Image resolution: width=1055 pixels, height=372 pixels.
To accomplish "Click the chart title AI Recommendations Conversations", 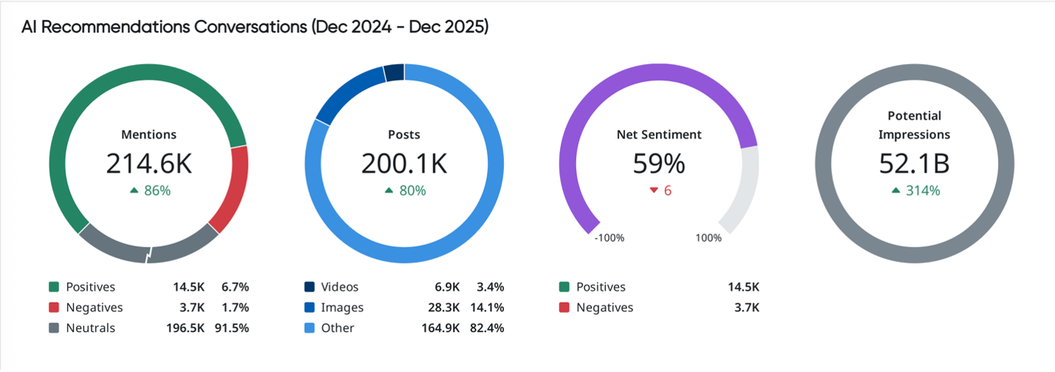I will point(255,27).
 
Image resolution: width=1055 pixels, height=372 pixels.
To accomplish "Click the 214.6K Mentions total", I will point(148,164).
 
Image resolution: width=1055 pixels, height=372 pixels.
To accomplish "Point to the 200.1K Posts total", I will point(404,164).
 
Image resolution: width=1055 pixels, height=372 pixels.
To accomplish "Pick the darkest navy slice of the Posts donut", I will point(394,72).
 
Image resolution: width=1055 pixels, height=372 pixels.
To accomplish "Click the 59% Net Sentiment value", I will point(659,164).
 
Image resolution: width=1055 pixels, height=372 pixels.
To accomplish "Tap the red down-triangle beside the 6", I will point(653,190).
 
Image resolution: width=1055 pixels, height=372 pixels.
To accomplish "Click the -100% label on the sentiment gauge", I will point(609,238).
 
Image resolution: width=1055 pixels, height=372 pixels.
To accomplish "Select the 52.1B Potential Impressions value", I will point(914,164).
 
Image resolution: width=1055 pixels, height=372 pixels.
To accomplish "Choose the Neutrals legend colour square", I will point(54,328).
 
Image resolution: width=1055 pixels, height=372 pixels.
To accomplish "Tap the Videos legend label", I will point(340,286).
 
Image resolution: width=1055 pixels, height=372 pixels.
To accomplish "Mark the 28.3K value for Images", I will point(444,307).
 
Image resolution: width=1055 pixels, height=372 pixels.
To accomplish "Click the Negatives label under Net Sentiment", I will point(604,307).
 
